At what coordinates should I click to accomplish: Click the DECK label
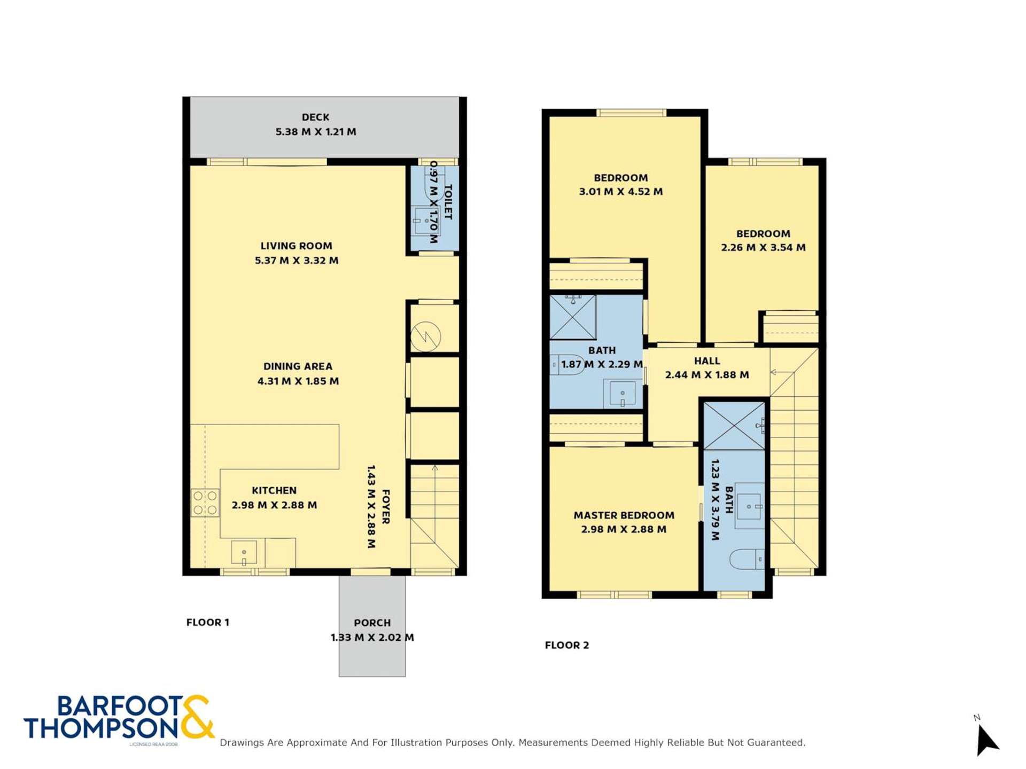pos(315,117)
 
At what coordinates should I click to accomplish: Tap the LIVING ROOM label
pos(296,246)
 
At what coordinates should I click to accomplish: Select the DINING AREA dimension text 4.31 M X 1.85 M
pos(298,381)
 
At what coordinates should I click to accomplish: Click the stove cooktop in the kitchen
pos(205,503)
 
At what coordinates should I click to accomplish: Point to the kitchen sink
pos(244,553)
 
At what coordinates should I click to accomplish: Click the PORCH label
pos(372,623)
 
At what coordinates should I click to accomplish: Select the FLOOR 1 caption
pos(207,622)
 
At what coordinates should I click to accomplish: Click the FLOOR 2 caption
pos(566,645)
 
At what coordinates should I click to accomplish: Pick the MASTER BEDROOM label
pos(624,515)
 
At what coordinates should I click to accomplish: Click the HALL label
pos(706,361)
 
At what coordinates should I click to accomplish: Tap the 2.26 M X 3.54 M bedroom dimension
pos(763,247)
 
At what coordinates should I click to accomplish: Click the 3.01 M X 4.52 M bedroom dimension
pos(620,191)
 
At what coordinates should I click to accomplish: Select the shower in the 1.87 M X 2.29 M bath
pos(573,317)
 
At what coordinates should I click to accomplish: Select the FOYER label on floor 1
pos(385,506)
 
